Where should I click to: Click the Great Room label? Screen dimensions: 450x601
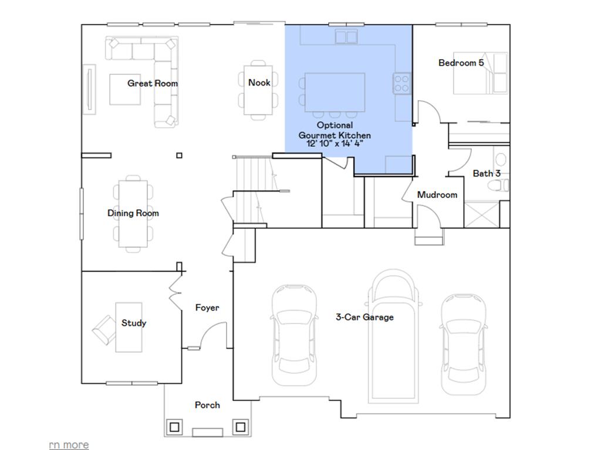(x=153, y=83)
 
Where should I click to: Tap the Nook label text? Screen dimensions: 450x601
(x=259, y=83)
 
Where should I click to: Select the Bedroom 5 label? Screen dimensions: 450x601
(x=461, y=63)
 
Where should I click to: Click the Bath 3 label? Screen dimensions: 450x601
(x=487, y=173)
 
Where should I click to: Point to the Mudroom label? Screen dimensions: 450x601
(x=437, y=195)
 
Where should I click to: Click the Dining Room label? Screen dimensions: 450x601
(x=133, y=213)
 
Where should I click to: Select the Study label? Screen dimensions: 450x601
(x=134, y=323)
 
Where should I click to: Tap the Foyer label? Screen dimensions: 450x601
(x=207, y=308)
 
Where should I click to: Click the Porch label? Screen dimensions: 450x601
(x=207, y=405)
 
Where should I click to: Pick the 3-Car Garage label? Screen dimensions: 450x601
(x=364, y=317)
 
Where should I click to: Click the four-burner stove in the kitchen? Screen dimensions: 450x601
(x=401, y=83)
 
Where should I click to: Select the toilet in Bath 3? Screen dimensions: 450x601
(x=499, y=186)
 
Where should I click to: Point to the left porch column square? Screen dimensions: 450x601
(x=174, y=427)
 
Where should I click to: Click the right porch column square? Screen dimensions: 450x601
(x=240, y=427)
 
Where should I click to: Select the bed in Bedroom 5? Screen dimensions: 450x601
(x=480, y=74)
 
